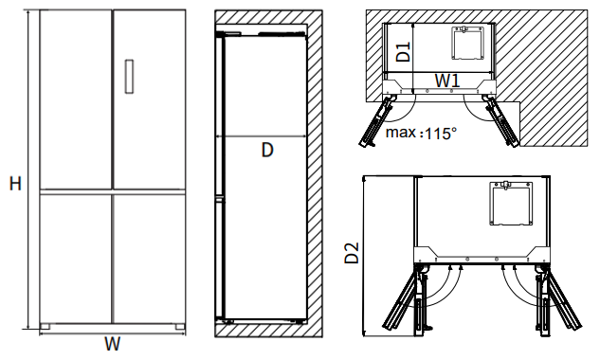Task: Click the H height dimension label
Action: click(15, 184)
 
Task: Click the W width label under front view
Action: click(113, 344)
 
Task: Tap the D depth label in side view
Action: click(267, 150)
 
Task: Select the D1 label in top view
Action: click(403, 51)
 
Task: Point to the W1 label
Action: click(447, 81)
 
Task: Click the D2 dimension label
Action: click(352, 253)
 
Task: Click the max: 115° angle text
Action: click(421, 134)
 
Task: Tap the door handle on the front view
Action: click(129, 77)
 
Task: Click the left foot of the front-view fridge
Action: click(45, 327)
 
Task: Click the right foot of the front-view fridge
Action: click(180, 327)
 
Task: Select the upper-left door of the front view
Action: click(76, 99)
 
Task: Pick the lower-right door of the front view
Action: click(150, 259)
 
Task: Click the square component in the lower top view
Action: click(511, 203)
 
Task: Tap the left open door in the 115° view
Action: click(376, 120)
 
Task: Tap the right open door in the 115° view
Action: click(501, 120)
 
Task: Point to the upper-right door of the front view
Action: click(150, 99)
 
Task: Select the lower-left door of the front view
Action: click(76, 259)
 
